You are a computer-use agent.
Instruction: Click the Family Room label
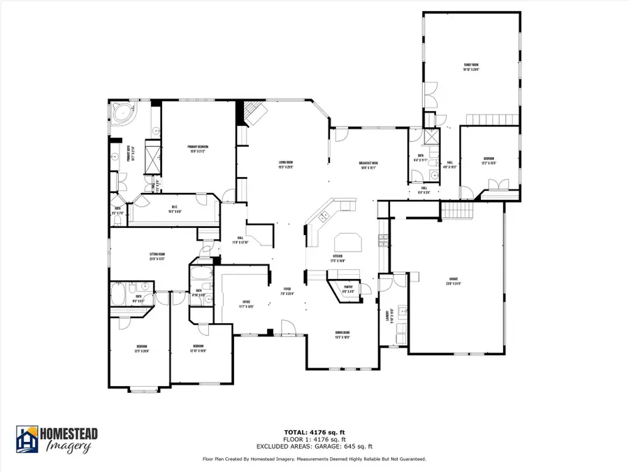[x=470, y=68]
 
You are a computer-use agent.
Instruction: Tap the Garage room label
[x=454, y=283]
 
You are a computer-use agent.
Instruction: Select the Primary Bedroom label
[x=199, y=148]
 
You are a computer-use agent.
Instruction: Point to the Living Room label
[x=286, y=164]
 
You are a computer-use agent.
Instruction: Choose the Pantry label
[x=347, y=288]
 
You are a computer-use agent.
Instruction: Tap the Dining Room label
[x=342, y=336]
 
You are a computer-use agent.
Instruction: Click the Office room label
[x=245, y=305]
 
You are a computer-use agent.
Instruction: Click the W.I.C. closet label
[x=175, y=208]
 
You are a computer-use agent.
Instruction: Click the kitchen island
[x=347, y=242]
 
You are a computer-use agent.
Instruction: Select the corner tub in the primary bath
[x=124, y=114]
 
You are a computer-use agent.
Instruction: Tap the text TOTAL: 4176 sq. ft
[x=314, y=432]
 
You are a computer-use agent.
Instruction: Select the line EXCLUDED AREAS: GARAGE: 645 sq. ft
[x=314, y=445]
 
